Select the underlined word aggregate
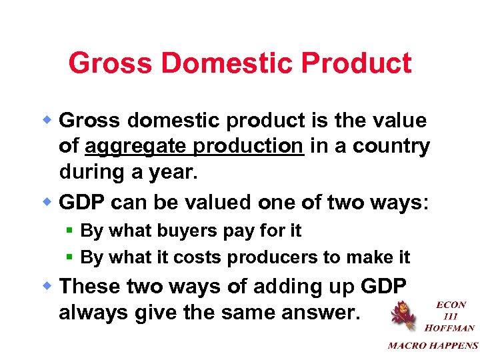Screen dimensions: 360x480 click(128, 146)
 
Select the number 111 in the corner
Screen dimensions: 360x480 click(451, 316)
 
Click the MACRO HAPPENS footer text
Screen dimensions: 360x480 click(433, 345)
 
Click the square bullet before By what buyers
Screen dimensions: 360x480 click(71, 231)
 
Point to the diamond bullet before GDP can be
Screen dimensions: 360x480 click(49, 201)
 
